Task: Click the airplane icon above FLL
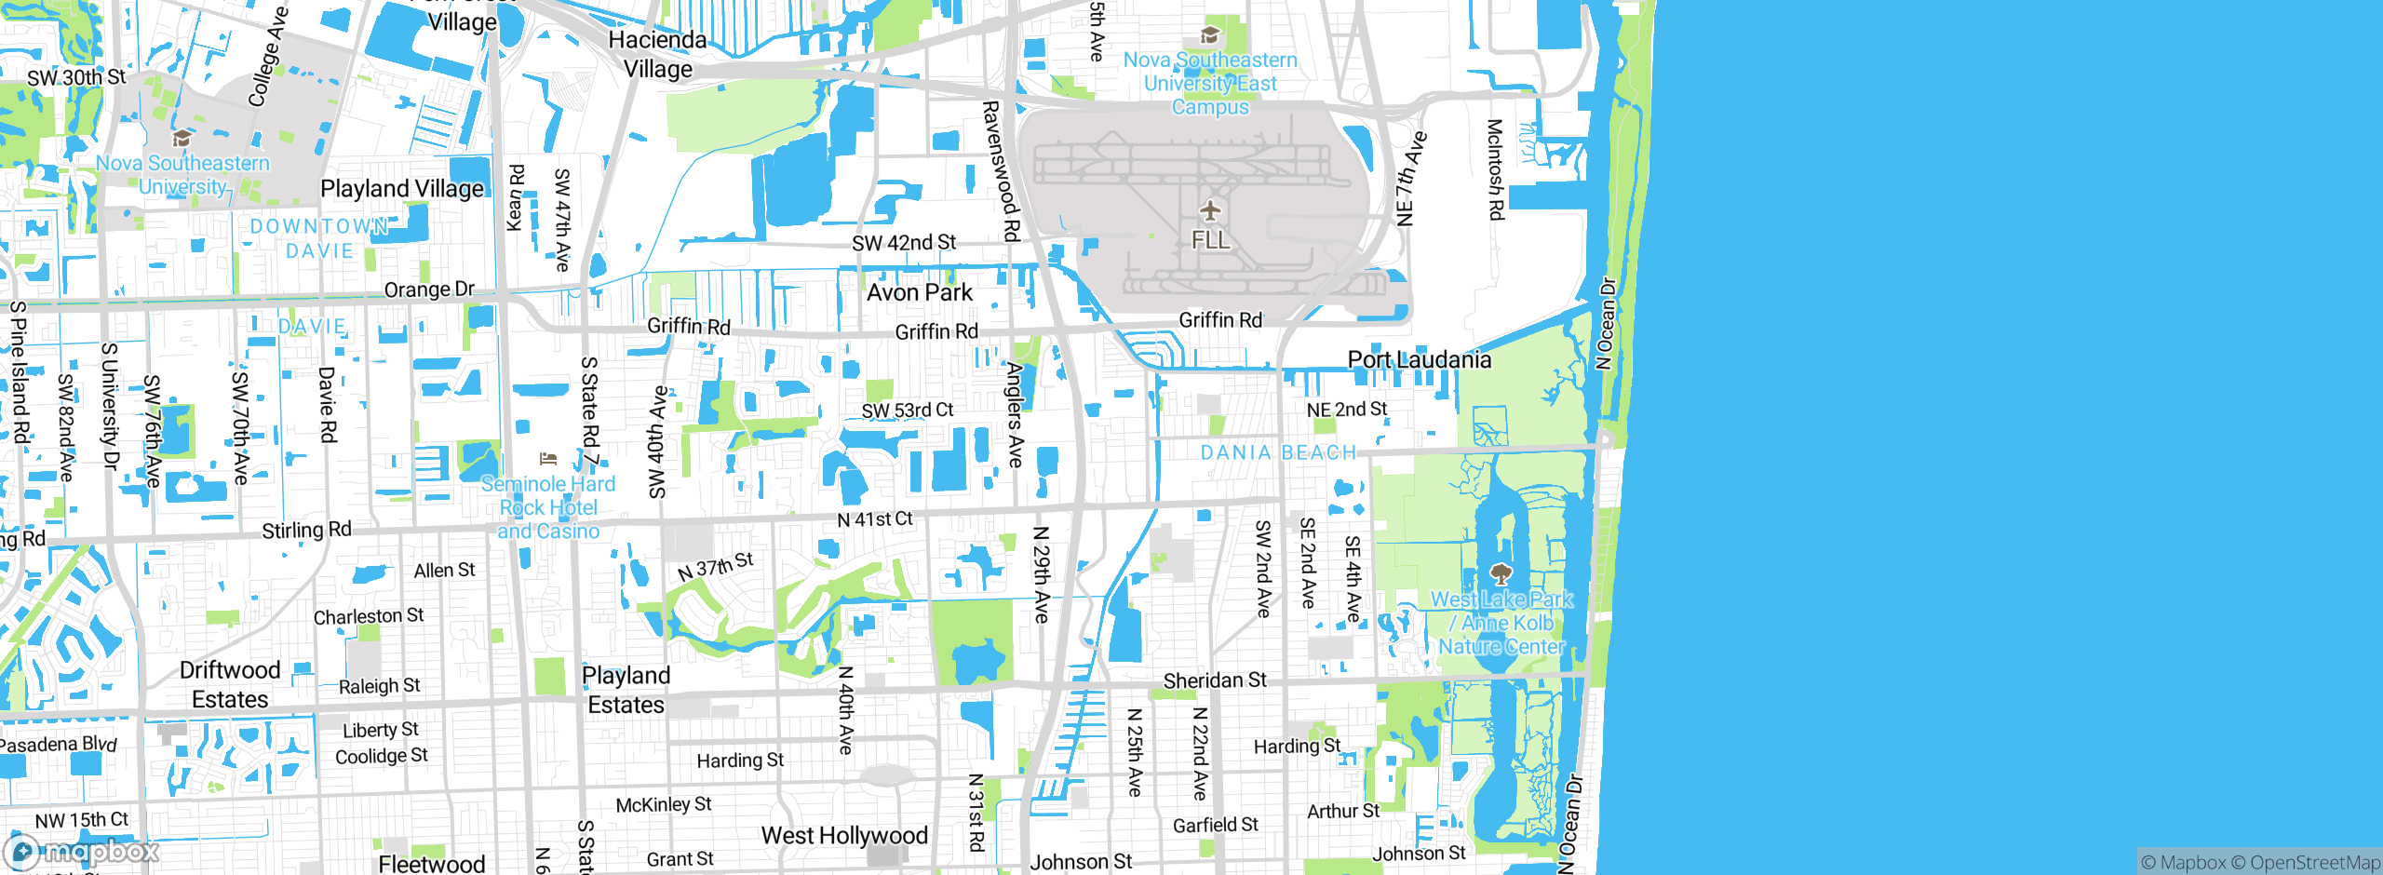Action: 1210,210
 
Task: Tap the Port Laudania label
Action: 1419,359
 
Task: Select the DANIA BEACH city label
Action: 1278,452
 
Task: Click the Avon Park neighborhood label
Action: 919,292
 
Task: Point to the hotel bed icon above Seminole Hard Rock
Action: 548,459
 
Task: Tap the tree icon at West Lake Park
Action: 1501,572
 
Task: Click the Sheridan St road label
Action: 1215,680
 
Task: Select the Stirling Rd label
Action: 306,530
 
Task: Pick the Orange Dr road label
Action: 429,289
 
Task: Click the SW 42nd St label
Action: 904,243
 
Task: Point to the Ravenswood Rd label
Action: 1001,171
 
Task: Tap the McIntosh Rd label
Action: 1495,169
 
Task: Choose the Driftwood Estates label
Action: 230,684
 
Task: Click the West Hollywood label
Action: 844,835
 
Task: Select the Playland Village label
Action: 402,189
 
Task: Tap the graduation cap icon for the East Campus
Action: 1210,35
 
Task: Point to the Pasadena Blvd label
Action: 58,744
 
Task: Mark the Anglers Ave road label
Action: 1015,414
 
